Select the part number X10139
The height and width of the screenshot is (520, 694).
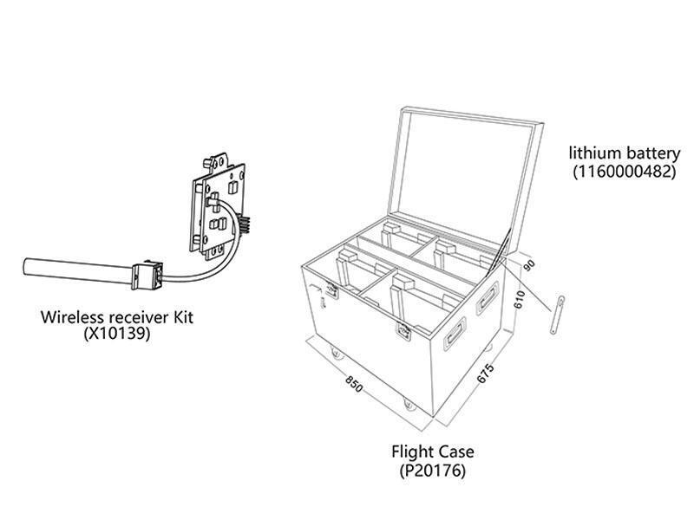(118, 333)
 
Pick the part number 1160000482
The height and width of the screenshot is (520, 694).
(623, 171)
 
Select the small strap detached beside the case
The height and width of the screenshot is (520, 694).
(558, 313)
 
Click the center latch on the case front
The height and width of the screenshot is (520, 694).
(404, 331)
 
